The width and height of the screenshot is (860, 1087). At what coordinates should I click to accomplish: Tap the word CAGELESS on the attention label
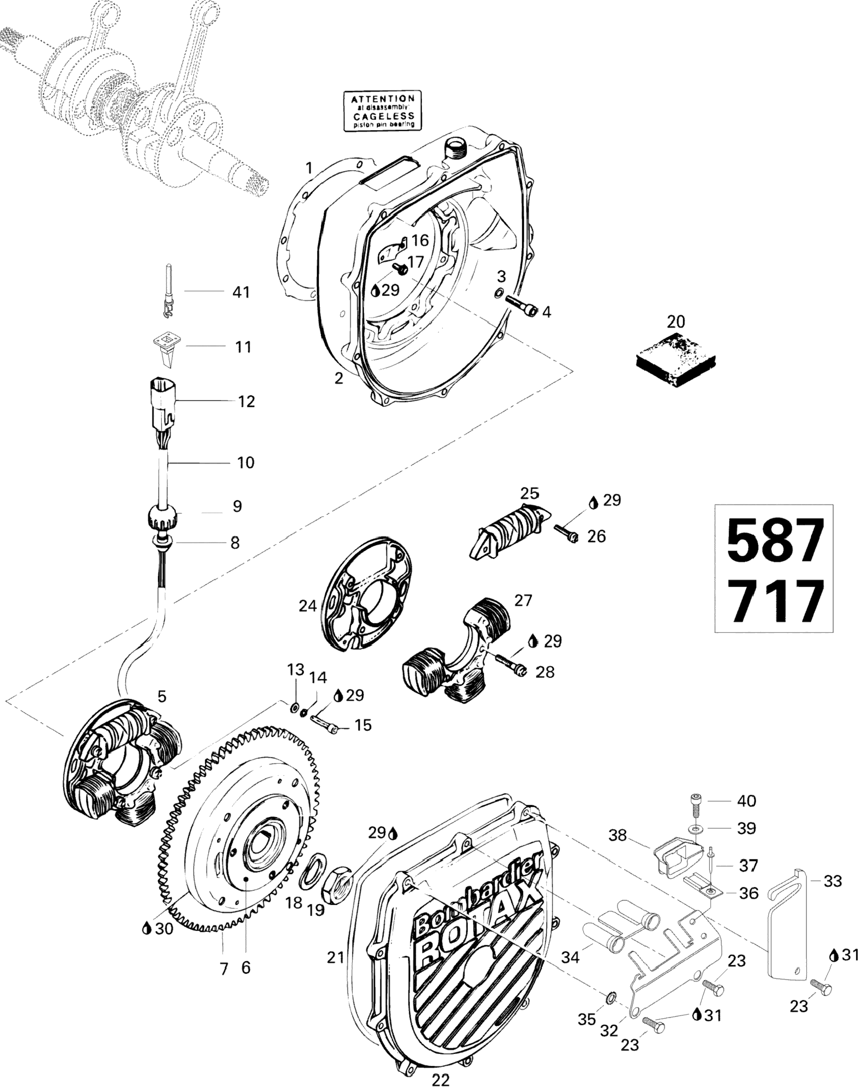(384, 116)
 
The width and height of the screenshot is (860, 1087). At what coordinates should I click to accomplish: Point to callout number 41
(241, 292)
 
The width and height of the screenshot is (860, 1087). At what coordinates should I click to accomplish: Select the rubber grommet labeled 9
(162, 516)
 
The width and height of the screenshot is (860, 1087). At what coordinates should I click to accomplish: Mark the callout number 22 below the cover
(440, 1077)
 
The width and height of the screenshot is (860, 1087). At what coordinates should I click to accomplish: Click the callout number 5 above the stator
(162, 696)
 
